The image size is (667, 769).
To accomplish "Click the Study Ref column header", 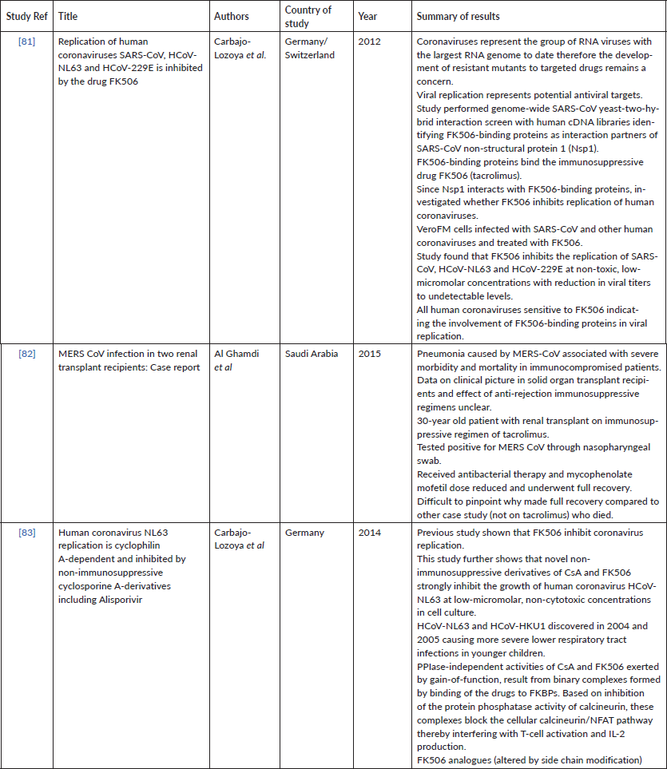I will pyautogui.click(x=26, y=16).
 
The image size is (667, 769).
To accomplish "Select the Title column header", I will pyautogui.click(x=69, y=16).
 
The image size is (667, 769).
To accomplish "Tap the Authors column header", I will pyautogui.click(x=231, y=16).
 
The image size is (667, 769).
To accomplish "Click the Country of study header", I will pyautogui.click(x=308, y=16).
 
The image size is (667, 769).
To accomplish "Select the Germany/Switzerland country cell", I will pyautogui.click(x=309, y=48).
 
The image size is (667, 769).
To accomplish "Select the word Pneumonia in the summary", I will pyautogui.click(x=443, y=354).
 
